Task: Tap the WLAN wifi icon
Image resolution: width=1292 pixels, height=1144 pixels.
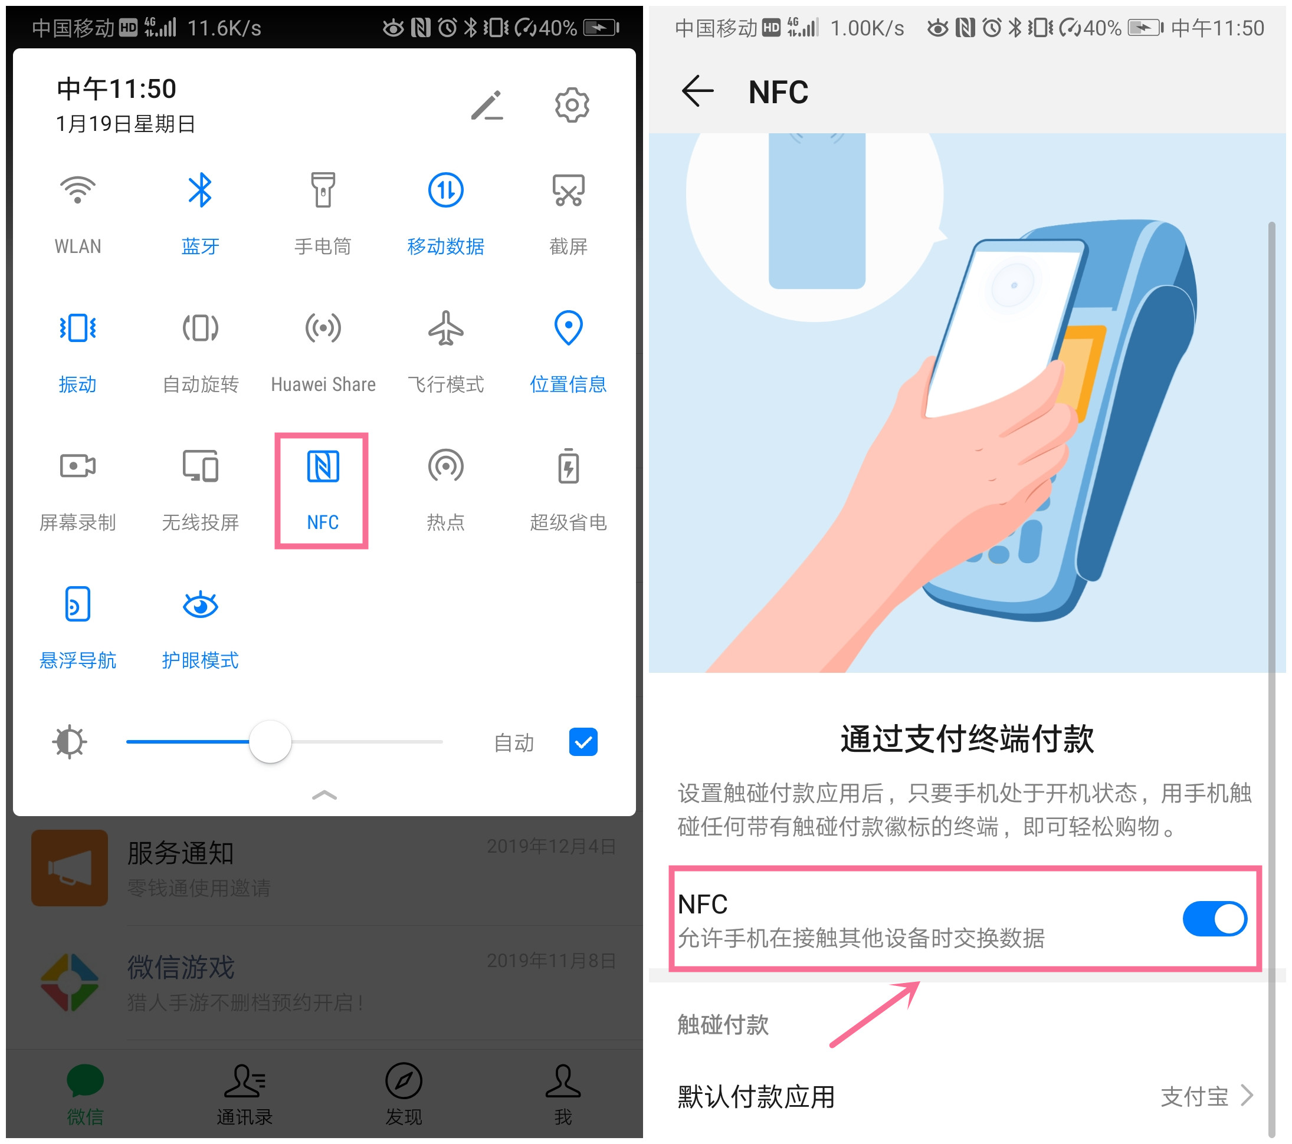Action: tap(77, 190)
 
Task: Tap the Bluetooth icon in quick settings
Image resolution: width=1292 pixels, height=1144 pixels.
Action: tap(201, 190)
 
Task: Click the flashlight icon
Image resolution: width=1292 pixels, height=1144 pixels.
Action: tap(323, 190)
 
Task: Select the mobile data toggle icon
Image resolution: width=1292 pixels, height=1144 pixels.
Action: tap(445, 190)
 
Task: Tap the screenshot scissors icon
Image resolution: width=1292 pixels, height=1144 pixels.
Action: tap(568, 190)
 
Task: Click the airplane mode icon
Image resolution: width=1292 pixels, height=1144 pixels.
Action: tap(445, 328)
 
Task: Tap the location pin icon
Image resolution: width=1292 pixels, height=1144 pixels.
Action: tap(568, 328)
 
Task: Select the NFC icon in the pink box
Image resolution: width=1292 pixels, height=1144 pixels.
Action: tap(323, 467)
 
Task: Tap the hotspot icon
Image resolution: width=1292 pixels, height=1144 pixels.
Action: tap(445, 467)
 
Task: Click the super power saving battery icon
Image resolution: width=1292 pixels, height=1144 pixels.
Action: tap(568, 467)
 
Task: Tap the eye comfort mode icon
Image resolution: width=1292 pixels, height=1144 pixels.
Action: tap(201, 604)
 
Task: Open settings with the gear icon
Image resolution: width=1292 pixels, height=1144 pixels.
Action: tap(572, 105)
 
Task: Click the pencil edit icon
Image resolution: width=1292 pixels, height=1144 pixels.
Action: tap(487, 105)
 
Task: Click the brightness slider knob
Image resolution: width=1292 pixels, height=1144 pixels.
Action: tap(271, 742)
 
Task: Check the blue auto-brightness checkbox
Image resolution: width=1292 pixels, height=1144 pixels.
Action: tap(583, 742)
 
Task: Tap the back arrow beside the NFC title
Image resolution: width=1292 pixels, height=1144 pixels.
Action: tap(697, 91)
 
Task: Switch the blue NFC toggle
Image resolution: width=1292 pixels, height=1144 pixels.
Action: tap(1214, 919)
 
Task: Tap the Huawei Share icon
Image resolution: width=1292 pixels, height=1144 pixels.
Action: tap(323, 328)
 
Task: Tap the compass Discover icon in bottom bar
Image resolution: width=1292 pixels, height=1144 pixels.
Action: tap(404, 1080)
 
